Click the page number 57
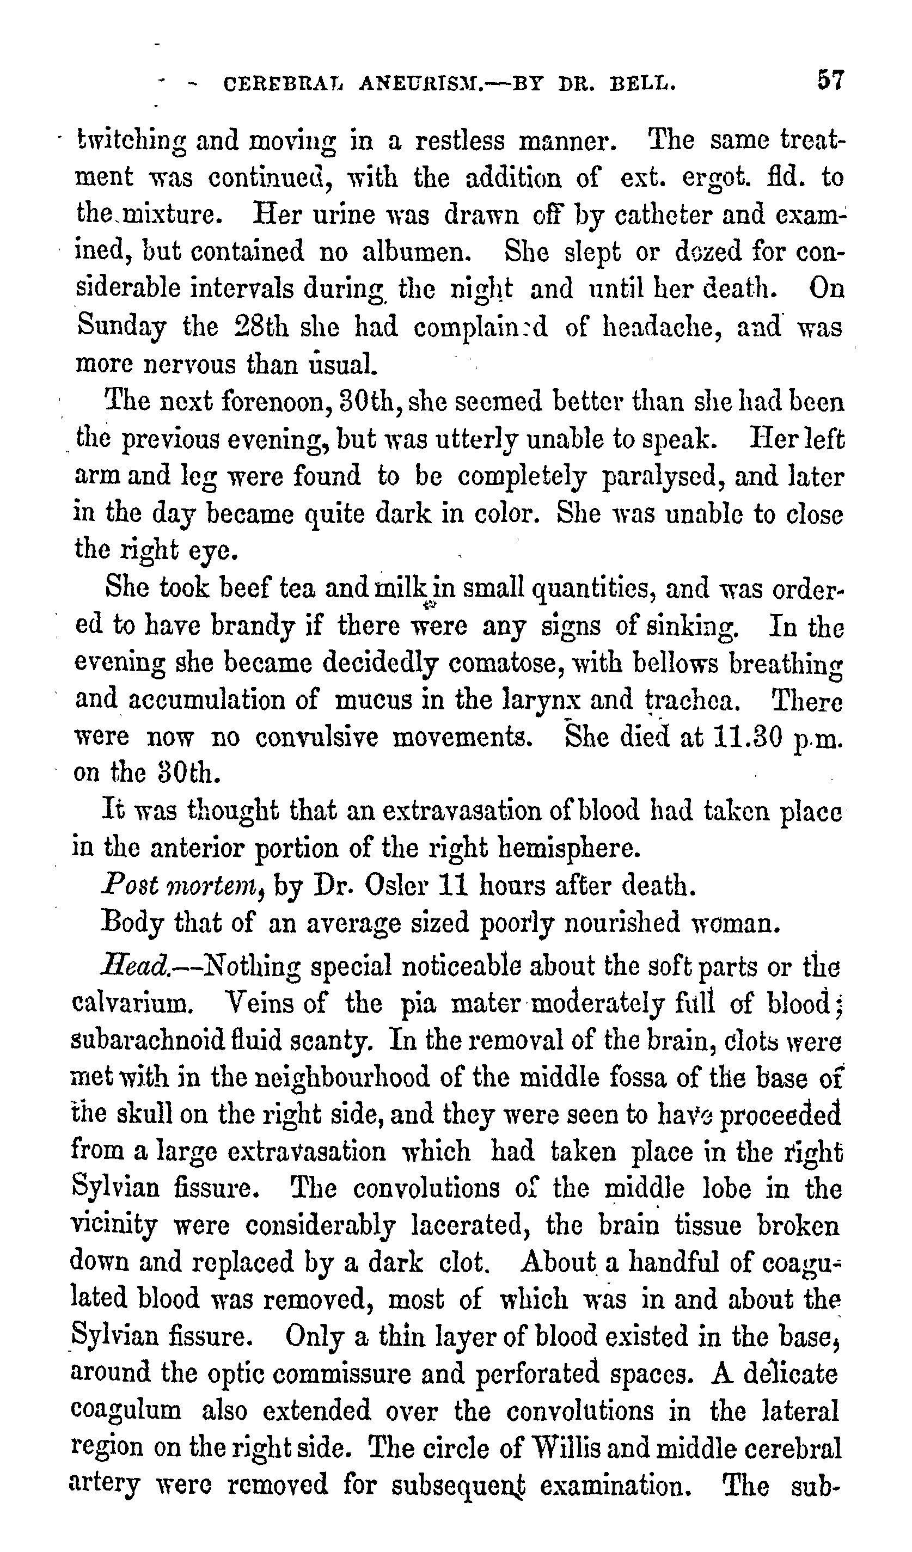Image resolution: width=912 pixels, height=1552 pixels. (831, 81)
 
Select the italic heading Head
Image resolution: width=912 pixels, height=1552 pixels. (133, 966)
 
